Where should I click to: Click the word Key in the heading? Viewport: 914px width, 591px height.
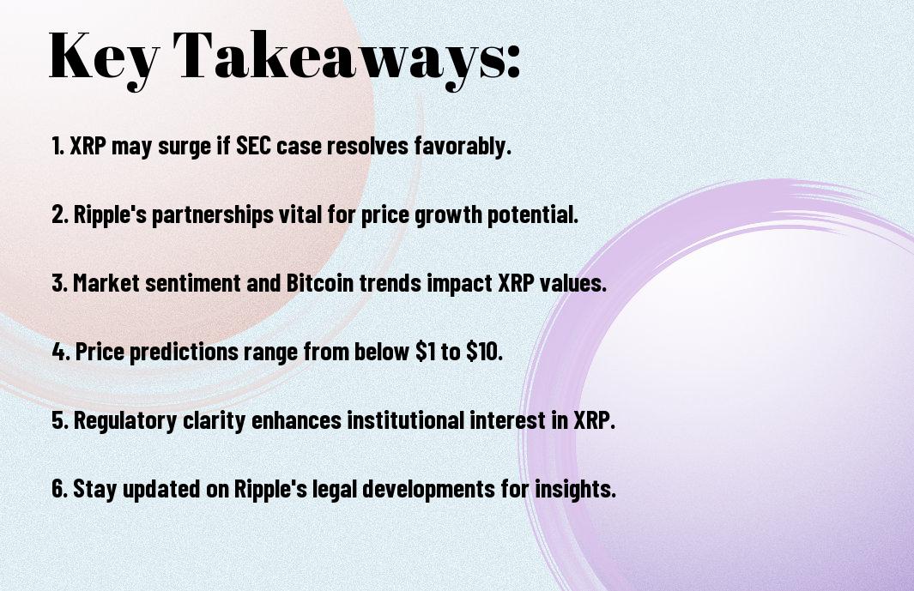click(103, 58)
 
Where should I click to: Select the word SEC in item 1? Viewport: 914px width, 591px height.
click(253, 146)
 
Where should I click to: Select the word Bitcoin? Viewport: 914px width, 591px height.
click(319, 283)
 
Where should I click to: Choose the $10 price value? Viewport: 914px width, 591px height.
click(484, 351)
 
